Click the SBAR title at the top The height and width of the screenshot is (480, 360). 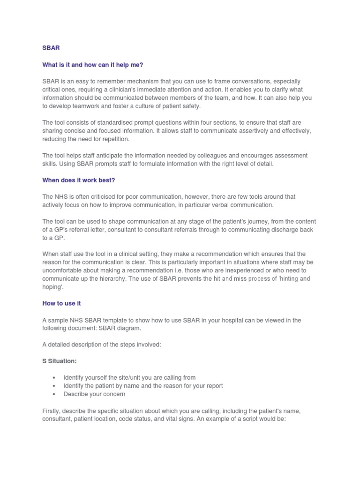tap(51, 48)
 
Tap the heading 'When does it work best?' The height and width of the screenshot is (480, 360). tap(79, 180)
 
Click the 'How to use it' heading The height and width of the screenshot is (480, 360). tap(61, 303)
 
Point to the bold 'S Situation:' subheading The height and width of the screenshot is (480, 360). tap(60, 361)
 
